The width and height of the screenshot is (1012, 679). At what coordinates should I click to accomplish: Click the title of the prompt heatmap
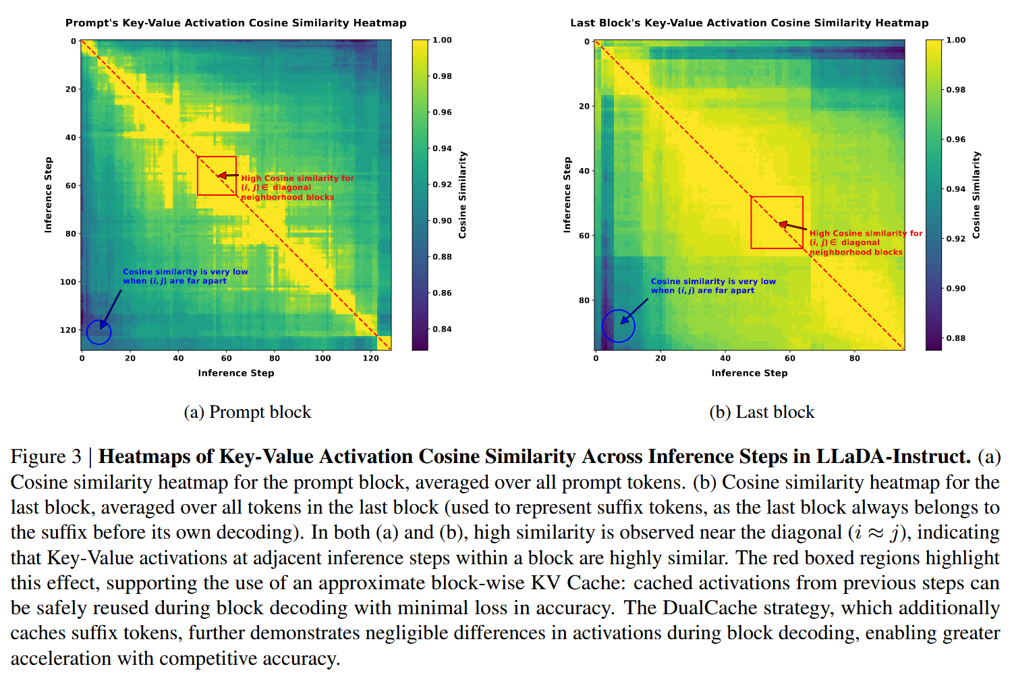(235, 23)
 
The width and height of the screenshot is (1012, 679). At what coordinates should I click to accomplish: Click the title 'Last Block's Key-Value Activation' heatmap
(749, 23)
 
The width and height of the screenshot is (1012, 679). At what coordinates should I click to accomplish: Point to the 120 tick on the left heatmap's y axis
(69, 330)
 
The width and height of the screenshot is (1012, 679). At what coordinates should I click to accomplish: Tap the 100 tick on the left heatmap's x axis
(322, 358)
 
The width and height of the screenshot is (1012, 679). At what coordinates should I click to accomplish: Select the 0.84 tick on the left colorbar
(442, 329)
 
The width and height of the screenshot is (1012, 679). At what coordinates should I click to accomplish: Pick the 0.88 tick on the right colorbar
(955, 338)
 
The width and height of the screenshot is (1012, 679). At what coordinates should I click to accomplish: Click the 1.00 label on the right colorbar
(955, 40)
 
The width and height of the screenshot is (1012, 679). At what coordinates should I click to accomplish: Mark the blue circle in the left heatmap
(99, 332)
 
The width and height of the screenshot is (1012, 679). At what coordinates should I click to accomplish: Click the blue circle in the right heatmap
(618, 326)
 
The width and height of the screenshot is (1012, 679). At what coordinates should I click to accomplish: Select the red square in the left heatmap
(217, 176)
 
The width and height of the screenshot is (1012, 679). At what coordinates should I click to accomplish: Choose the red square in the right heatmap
(777, 223)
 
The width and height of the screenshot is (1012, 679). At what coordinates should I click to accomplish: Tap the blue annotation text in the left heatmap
(185, 276)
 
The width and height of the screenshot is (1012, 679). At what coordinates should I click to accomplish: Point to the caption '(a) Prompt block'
(248, 412)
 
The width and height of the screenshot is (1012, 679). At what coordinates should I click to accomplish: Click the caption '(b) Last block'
(762, 412)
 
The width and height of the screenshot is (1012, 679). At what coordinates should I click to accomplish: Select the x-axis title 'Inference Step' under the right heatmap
(749, 373)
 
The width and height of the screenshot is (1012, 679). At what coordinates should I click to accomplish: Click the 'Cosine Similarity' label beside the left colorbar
(463, 194)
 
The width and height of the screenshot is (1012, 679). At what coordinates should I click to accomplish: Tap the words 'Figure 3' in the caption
(46, 457)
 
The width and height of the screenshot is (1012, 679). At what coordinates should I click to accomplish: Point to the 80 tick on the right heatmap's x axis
(854, 358)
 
